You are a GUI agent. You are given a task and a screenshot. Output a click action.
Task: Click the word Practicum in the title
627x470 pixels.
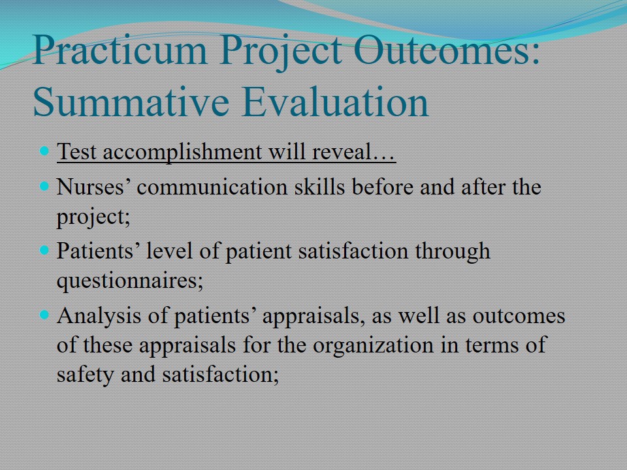120,50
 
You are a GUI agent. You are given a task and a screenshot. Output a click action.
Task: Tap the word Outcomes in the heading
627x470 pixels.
447,50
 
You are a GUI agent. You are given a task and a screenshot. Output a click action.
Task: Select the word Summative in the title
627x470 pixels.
131,102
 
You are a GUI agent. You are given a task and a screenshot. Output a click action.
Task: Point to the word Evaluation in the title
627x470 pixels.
335,102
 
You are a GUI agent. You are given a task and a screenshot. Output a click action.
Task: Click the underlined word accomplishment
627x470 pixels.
182,152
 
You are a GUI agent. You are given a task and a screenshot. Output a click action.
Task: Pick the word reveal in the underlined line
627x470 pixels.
342,151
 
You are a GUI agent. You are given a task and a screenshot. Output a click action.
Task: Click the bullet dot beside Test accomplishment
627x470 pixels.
44,151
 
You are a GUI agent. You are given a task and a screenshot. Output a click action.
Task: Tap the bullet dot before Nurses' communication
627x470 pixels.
44,186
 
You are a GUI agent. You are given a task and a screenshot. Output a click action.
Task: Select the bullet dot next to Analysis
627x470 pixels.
44,315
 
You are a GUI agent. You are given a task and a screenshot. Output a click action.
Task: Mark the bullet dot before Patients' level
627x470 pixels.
44,250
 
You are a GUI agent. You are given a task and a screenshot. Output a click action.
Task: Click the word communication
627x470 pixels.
212,187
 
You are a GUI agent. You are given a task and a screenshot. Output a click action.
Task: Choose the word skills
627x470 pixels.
319,186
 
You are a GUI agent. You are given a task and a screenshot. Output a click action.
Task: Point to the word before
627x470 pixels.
382,186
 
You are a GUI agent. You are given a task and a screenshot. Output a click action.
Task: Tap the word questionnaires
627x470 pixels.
130,281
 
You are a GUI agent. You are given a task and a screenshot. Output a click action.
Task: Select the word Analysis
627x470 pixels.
99,316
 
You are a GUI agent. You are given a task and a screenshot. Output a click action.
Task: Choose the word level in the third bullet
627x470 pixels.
170,251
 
